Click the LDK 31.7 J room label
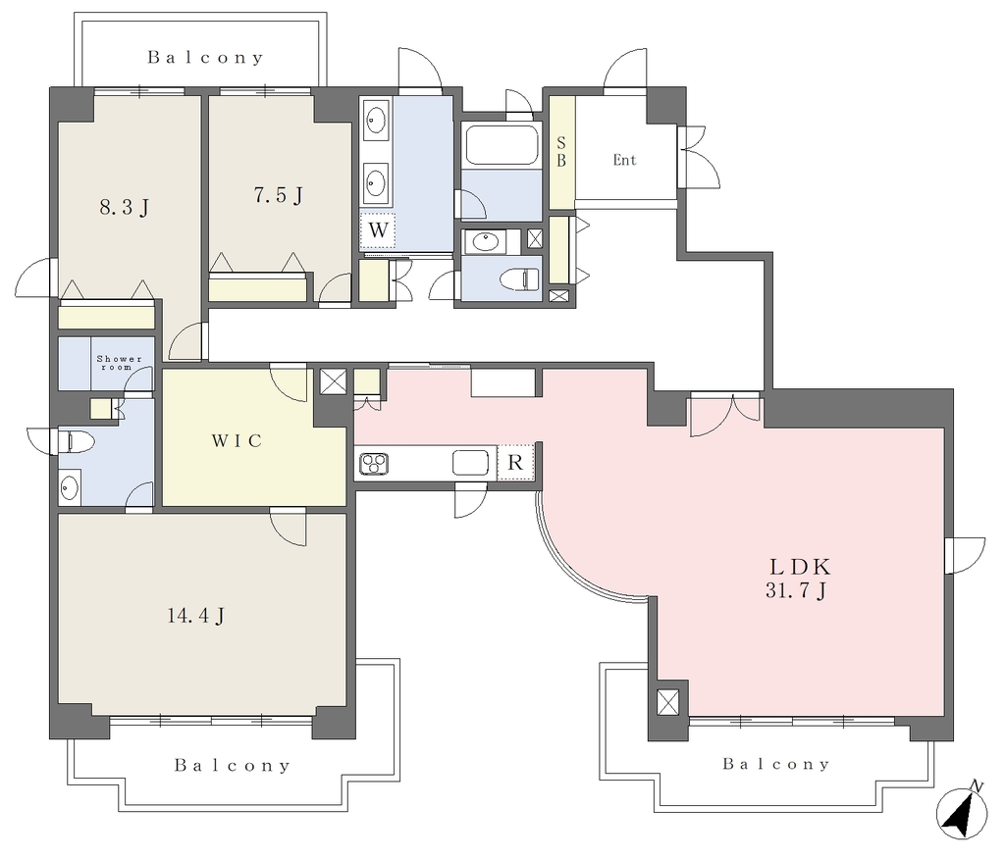click(x=799, y=578)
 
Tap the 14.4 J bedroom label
click(x=195, y=616)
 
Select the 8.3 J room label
click(x=125, y=207)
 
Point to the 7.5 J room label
click(x=278, y=195)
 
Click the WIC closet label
click(x=237, y=440)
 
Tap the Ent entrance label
click(x=624, y=160)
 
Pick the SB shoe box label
click(x=561, y=152)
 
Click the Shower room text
click(x=119, y=363)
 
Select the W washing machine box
click(x=378, y=230)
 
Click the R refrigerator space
click(x=515, y=462)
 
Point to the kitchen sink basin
click(x=470, y=463)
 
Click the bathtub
click(x=502, y=145)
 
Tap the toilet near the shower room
click(x=76, y=441)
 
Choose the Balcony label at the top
click(x=205, y=58)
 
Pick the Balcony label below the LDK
click(x=776, y=764)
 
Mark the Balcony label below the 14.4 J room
click(x=233, y=766)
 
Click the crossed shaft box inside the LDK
click(x=667, y=702)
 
